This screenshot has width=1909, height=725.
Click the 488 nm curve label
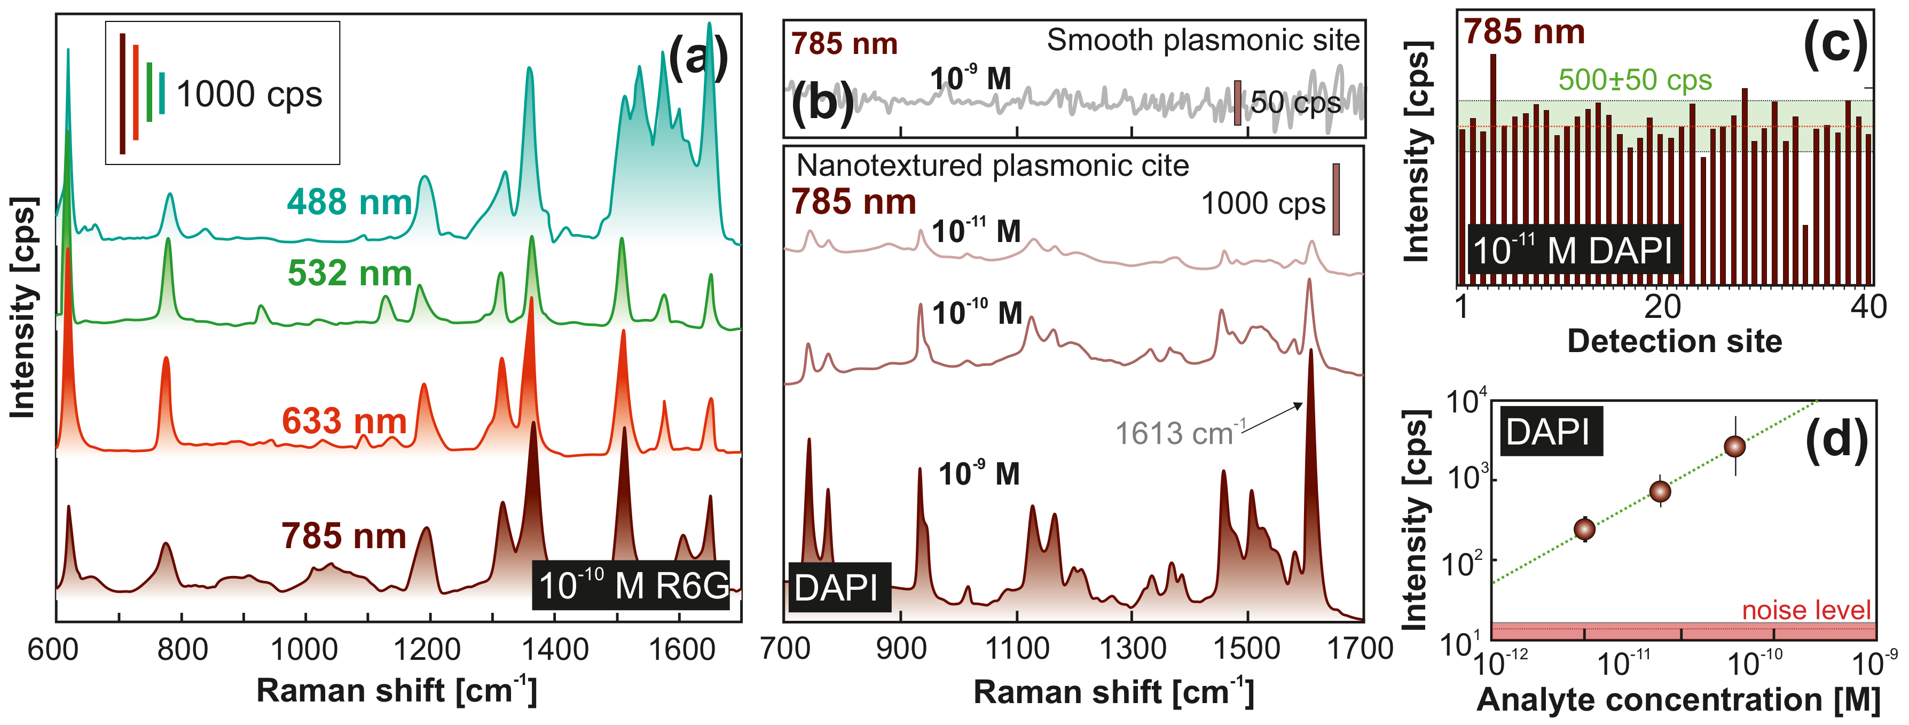pos(349,202)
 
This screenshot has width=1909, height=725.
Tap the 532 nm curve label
pos(349,274)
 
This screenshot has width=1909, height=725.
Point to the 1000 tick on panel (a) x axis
pos(304,649)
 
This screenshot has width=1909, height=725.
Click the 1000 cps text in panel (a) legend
pos(249,94)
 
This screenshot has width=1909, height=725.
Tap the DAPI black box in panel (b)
pos(837,587)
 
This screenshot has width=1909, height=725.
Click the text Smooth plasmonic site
pos(1202,40)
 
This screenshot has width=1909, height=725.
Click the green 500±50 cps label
pos(1635,80)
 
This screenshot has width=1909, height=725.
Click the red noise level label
pos(1806,610)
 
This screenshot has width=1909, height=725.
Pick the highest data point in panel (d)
pos(1735,446)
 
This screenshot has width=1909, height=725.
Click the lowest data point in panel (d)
pos(1584,528)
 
